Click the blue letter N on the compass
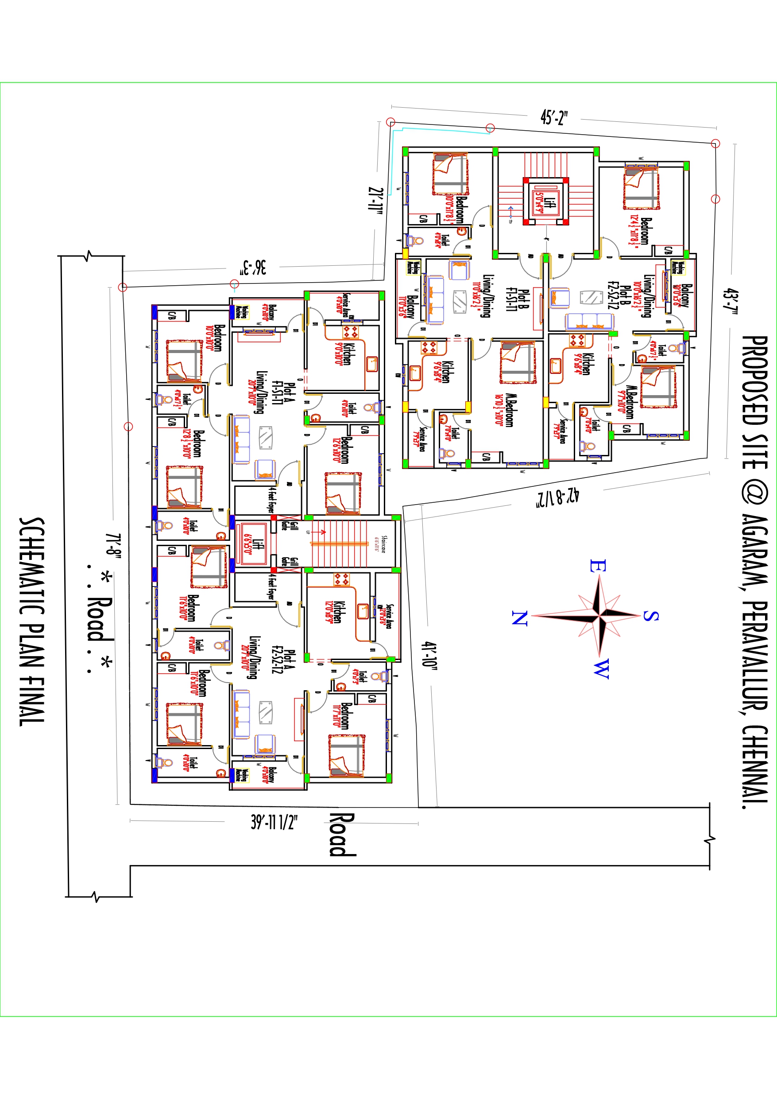coord(520,618)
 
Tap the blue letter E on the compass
coord(598,566)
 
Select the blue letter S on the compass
coord(650,616)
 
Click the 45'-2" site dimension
coord(554,117)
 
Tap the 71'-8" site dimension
coord(113,546)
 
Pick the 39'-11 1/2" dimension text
coord(274,822)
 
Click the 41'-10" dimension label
coord(429,655)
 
